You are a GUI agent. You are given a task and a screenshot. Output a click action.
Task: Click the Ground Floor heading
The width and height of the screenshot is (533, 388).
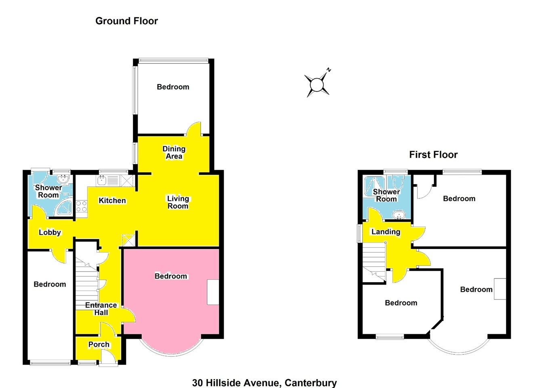127,21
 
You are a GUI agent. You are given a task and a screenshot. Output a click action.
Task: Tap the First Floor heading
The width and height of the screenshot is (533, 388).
433,155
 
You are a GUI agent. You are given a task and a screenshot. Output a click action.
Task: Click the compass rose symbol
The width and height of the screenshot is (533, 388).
317,84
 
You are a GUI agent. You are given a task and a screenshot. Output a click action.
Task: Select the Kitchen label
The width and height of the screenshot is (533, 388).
112,200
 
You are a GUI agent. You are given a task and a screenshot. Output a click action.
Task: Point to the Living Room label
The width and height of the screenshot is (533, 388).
178,202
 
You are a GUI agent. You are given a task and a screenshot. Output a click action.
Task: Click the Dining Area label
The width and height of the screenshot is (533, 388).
174,152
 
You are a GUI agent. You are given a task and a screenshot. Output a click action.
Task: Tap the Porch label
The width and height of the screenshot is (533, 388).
99,344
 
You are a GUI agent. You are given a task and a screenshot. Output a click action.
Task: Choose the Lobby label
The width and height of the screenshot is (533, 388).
50,232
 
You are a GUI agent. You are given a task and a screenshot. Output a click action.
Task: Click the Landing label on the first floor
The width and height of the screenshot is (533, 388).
386,232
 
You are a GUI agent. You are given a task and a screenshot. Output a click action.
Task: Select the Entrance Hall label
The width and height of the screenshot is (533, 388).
101,309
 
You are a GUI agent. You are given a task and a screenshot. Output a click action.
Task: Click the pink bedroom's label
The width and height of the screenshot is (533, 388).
171,276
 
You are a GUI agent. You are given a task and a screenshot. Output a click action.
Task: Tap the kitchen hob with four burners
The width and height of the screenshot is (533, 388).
82,206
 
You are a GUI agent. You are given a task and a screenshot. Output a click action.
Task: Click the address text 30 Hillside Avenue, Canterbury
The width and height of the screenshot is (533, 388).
264,383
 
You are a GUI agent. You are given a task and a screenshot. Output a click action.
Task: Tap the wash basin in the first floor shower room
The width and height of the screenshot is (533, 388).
399,215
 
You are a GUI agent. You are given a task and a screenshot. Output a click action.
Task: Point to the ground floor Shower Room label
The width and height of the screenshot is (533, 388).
48,191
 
